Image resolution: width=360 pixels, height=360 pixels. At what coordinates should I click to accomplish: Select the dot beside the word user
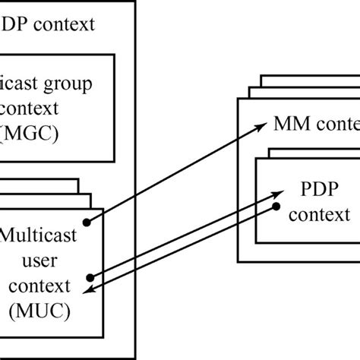click(x=90, y=277)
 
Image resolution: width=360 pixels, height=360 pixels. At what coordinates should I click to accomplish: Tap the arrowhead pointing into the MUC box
click(x=87, y=292)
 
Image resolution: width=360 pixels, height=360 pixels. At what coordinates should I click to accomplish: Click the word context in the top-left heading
click(x=67, y=24)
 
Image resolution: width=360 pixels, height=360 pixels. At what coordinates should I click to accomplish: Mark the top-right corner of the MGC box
click(x=114, y=54)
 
